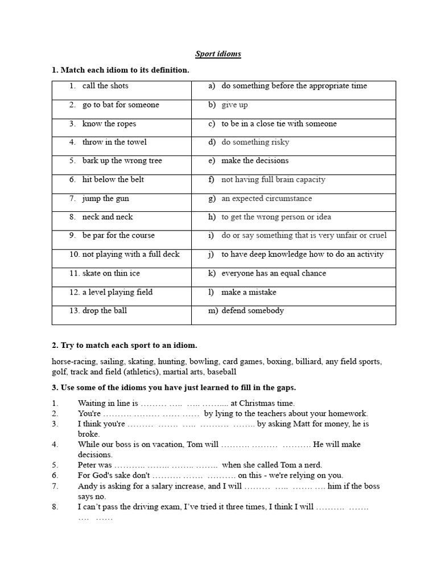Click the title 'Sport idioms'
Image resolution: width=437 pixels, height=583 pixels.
tap(218, 54)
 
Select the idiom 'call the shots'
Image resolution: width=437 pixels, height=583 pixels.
tap(105, 86)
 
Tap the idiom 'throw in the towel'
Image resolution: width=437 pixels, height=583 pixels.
tap(114, 142)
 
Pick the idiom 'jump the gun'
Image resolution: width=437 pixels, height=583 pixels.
tap(106, 199)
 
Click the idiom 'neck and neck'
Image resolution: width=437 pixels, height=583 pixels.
tap(108, 217)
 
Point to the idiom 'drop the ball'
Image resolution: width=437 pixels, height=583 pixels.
tap(105, 311)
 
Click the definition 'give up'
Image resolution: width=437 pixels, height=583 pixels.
tap(234, 105)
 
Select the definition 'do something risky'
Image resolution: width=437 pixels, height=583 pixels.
tap(255, 142)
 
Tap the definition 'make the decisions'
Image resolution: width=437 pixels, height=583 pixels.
tap(255, 161)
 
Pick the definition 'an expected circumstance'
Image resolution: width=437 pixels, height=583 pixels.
tap(266, 199)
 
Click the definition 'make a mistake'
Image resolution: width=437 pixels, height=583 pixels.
tap(249, 292)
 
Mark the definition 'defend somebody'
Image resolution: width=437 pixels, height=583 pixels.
tap(253, 311)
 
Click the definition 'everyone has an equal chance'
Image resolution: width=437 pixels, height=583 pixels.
tap(274, 273)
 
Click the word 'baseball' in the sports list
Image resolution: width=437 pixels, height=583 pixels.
tap(221, 372)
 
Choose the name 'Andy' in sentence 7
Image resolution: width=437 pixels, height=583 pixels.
tap(87, 486)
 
